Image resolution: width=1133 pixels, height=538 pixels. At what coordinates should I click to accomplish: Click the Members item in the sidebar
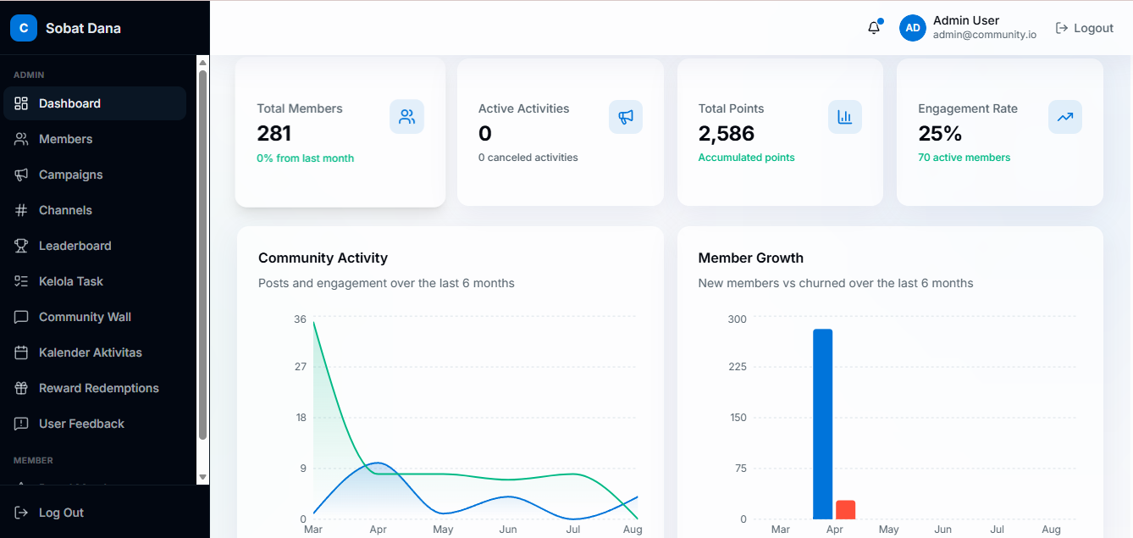[x=53, y=139]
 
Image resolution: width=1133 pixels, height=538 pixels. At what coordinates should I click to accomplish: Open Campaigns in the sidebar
[x=58, y=175]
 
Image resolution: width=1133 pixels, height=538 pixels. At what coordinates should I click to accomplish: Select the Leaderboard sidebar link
[x=63, y=246]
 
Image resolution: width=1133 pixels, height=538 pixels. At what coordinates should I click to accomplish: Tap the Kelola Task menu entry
[x=58, y=281]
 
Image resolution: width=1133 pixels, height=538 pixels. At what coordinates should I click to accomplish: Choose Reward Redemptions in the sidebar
[x=86, y=388]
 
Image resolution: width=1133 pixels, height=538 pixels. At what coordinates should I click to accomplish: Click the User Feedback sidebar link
[x=69, y=424]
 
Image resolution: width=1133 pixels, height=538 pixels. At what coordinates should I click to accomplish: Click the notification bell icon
[x=874, y=27]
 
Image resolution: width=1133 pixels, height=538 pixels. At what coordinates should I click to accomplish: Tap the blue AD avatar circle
[x=913, y=28]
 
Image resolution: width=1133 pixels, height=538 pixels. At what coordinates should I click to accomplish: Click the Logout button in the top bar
[x=1085, y=28]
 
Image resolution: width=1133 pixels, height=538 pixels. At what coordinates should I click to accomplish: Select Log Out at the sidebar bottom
[x=49, y=513]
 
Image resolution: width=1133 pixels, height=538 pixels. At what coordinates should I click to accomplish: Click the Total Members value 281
[x=274, y=134]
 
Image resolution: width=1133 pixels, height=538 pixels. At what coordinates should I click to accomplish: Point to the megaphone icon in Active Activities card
[x=626, y=117]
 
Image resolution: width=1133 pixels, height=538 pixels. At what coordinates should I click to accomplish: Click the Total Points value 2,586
[x=727, y=134]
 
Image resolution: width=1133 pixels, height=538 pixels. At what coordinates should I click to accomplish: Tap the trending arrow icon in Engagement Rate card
[x=1065, y=117]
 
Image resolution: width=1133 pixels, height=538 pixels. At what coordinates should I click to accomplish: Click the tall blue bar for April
[x=823, y=424]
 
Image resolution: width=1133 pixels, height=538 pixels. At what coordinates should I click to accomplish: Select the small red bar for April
[x=846, y=510]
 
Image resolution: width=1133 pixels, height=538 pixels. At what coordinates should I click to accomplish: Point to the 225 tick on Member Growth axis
[x=738, y=367]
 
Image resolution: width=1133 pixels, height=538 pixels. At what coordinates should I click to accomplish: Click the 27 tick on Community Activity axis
[x=301, y=367]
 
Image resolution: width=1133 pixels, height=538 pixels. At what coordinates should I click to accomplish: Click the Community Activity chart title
[x=323, y=258]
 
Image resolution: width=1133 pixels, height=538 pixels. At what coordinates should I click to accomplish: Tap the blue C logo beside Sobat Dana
[x=24, y=28]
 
